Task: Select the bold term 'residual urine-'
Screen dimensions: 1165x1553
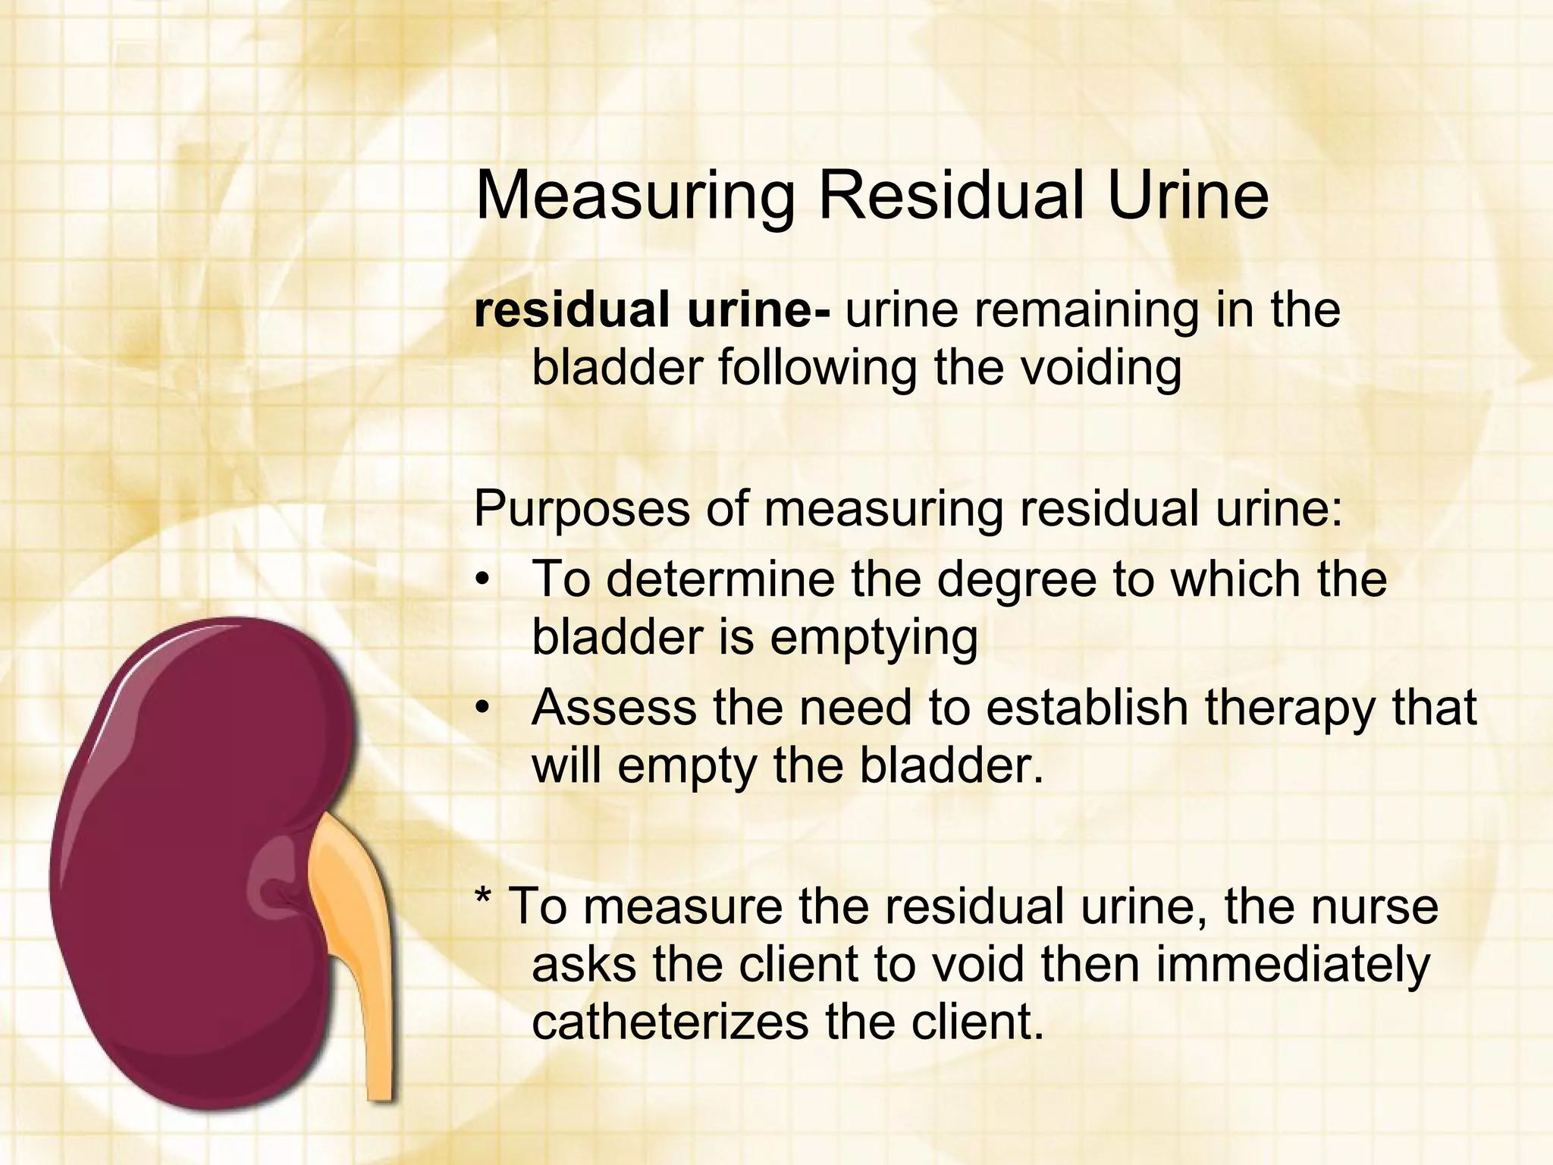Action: (x=652, y=310)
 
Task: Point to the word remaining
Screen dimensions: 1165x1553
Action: (x=1087, y=312)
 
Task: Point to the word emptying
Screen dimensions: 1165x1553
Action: (x=874, y=638)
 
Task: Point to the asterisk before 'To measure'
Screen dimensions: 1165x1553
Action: (x=482, y=900)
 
